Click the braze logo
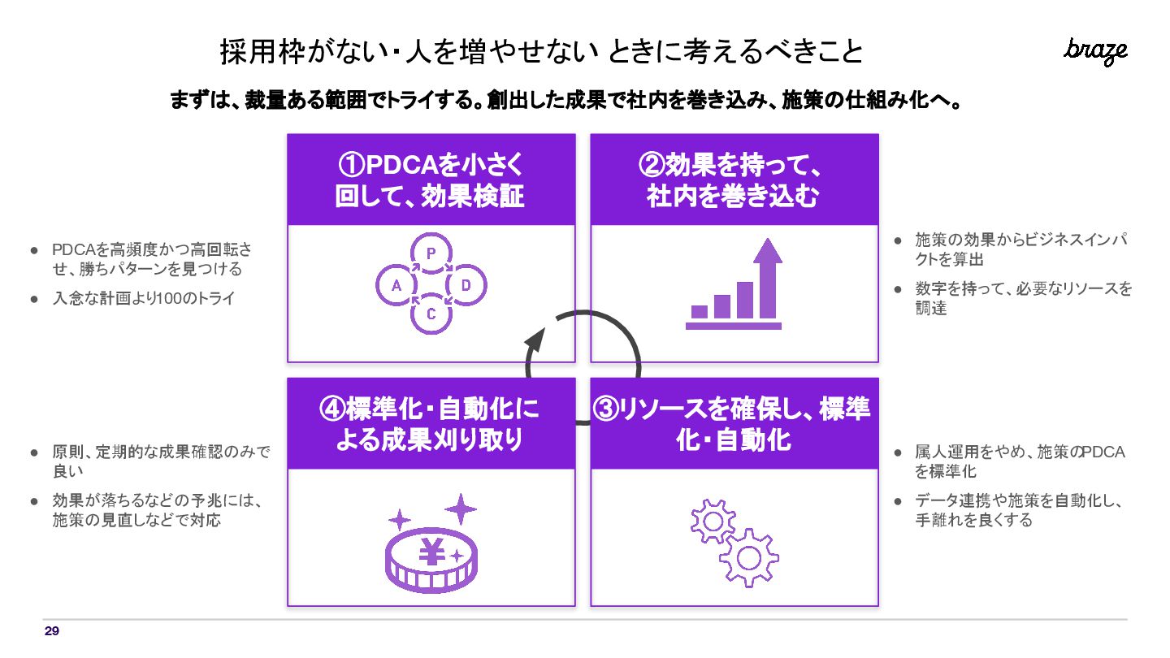click(1095, 51)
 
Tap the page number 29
click(52, 631)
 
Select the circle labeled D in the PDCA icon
click(466, 285)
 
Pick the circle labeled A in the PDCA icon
click(396, 285)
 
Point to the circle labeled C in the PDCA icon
click(431, 314)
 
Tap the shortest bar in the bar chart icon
click(699, 311)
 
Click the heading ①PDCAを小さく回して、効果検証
click(431, 180)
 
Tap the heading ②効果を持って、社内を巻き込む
click(734, 180)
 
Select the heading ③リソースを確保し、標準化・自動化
click(734, 423)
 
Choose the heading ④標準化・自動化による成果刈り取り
click(431, 423)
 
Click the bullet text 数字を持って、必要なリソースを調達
click(1022, 298)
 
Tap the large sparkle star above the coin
click(461, 509)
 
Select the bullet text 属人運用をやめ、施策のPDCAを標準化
click(1019, 461)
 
